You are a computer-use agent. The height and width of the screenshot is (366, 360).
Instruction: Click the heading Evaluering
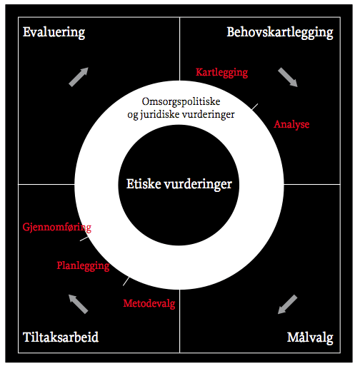pyautogui.click(x=54, y=33)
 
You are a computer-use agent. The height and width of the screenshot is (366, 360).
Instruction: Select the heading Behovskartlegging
pyautogui.click(x=280, y=33)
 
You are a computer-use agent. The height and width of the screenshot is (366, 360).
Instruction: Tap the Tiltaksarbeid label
pyautogui.click(x=61, y=337)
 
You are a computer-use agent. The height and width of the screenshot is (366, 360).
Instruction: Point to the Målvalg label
pyautogui.click(x=310, y=337)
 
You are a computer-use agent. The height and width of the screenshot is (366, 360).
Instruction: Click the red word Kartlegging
pyautogui.click(x=221, y=73)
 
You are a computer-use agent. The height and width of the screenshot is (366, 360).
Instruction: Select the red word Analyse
pyautogui.click(x=291, y=124)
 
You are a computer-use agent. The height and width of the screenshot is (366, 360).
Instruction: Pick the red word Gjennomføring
pyautogui.click(x=57, y=228)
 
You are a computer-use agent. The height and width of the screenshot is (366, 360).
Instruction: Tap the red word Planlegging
pyautogui.click(x=83, y=265)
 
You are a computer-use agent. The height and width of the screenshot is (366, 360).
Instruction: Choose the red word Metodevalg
pyautogui.click(x=149, y=303)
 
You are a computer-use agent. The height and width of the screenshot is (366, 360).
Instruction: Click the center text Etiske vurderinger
pyautogui.click(x=179, y=184)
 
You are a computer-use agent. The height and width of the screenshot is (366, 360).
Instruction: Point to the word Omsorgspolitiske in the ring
pyautogui.click(x=181, y=102)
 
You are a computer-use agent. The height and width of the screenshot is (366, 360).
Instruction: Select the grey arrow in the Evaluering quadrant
pyautogui.click(x=79, y=77)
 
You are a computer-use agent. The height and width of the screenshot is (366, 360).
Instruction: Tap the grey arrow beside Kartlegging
pyautogui.click(x=288, y=77)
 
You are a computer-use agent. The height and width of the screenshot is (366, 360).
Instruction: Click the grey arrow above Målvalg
pyautogui.click(x=288, y=305)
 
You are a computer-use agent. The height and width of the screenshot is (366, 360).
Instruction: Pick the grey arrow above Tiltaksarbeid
pyautogui.click(x=79, y=304)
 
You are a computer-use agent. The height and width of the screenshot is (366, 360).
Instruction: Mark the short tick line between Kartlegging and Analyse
pyautogui.click(x=255, y=107)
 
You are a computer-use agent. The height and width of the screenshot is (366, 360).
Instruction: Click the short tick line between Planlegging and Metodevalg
pyautogui.click(x=126, y=281)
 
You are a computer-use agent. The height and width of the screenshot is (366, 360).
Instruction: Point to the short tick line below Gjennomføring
pyautogui.click(x=84, y=238)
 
